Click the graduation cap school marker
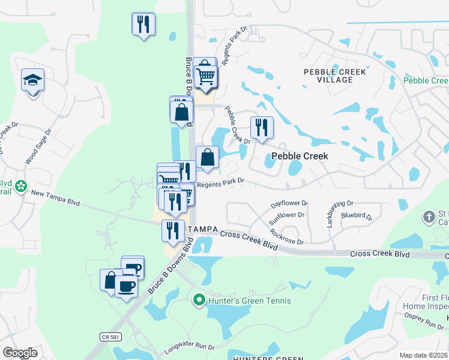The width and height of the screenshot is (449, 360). coord(32,80)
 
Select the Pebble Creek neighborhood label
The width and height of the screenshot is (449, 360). coord(300,155)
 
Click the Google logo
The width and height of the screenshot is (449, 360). coord(20,353)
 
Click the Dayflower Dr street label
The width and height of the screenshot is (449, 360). coord(289,204)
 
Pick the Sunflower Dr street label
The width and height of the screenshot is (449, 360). coord(287,214)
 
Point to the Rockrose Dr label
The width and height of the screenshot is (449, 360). coord(287,236)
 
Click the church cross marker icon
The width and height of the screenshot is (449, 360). coord(429,217)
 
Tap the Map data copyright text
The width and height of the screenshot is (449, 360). coord(423,355)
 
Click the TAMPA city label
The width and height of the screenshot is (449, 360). coord(202,230)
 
